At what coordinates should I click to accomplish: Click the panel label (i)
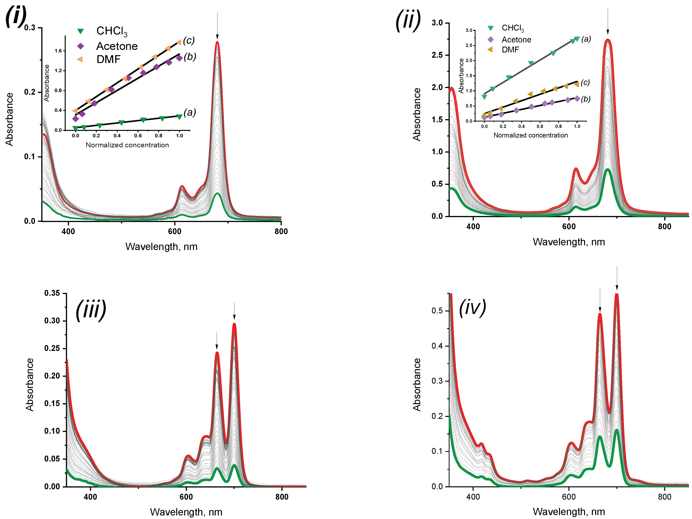(x=16, y=16)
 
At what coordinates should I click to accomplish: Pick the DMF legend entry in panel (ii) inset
(x=510, y=50)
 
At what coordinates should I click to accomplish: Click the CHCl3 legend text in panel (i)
(x=112, y=31)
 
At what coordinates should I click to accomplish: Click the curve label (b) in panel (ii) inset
(x=586, y=99)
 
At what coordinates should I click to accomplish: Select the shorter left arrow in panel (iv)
(x=600, y=300)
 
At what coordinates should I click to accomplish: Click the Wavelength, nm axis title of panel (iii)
(x=186, y=512)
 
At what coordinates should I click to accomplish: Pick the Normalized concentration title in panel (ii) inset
(x=530, y=135)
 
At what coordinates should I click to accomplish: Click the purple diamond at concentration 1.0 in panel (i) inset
(x=179, y=58)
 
